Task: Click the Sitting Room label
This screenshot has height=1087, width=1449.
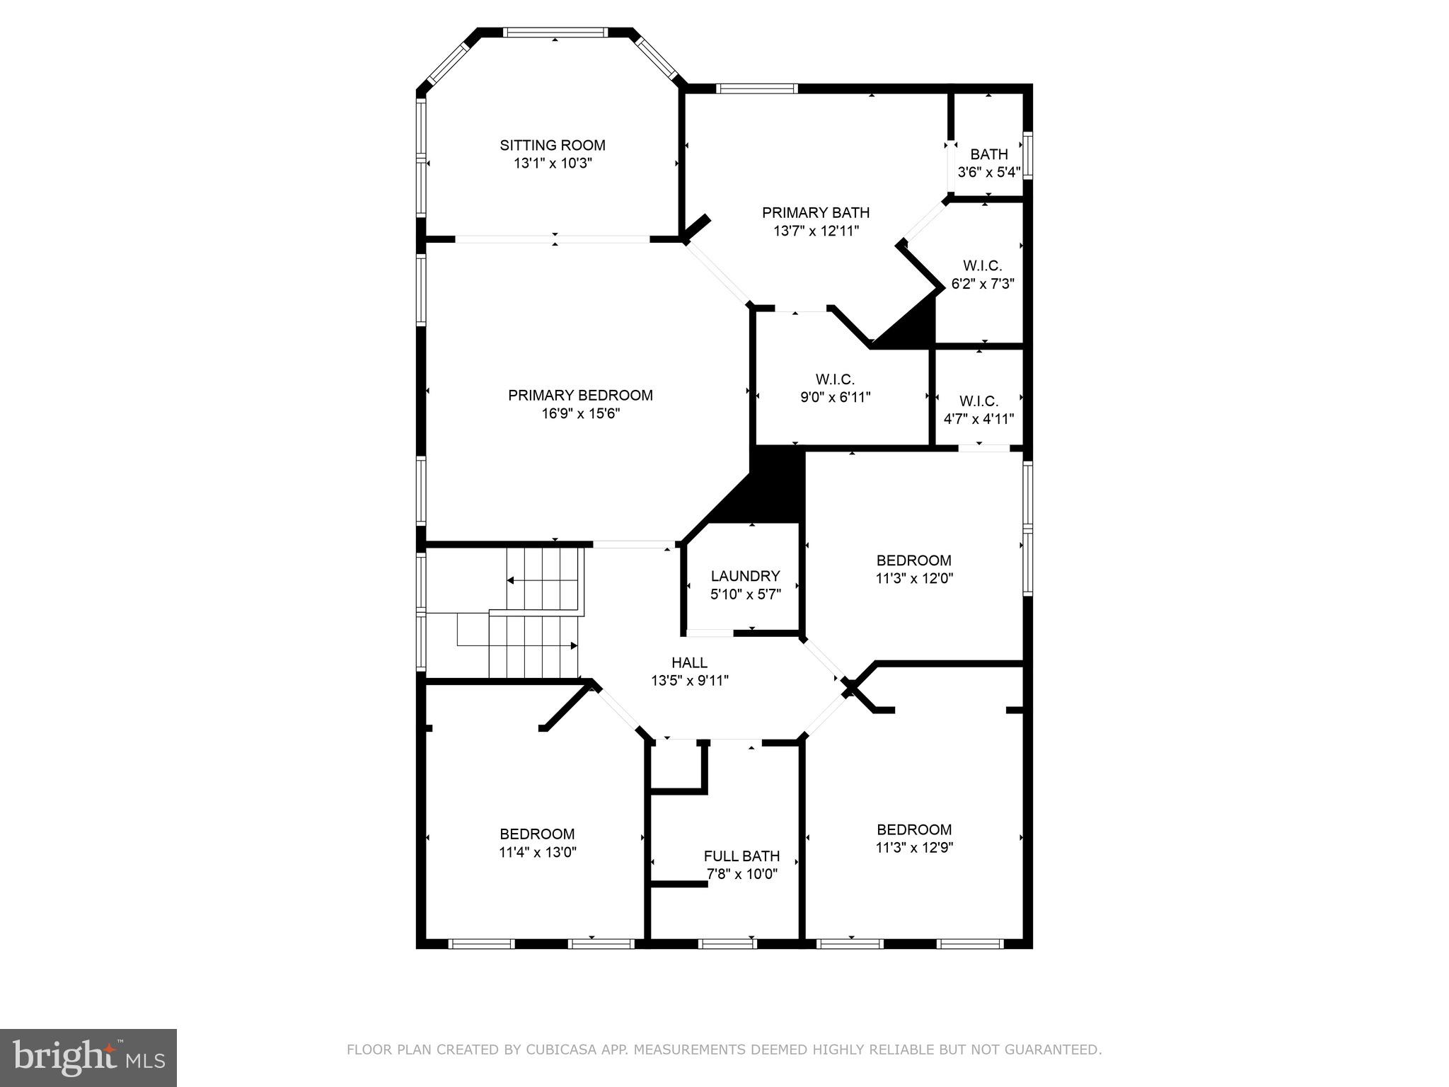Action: click(x=553, y=145)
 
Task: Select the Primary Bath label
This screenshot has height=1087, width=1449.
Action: click(x=816, y=212)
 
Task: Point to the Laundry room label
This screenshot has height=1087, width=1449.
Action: click(x=745, y=576)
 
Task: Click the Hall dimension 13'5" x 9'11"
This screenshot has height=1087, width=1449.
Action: click(x=690, y=681)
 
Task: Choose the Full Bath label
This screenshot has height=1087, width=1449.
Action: click(x=741, y=856)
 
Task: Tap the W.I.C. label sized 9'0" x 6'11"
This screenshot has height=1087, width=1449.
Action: click(x=835, y=379)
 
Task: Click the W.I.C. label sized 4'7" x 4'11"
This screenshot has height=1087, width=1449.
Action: click(x=979, y=401)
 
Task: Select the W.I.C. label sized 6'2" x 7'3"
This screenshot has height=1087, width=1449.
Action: click(x=983, y=266)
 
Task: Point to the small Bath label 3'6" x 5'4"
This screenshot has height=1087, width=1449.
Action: click(x=989, y=154)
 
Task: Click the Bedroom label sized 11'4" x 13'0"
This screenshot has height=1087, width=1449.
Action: click(x=537, y=834)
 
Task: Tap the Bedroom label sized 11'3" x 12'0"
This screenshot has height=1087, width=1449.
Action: click(x=914, y=560)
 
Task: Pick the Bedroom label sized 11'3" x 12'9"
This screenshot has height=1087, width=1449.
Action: click(x=914, y=829)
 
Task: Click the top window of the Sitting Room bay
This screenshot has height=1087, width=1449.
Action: click(x=555, y=33)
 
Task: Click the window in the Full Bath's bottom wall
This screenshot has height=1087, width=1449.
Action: click(x=727, y=943)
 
